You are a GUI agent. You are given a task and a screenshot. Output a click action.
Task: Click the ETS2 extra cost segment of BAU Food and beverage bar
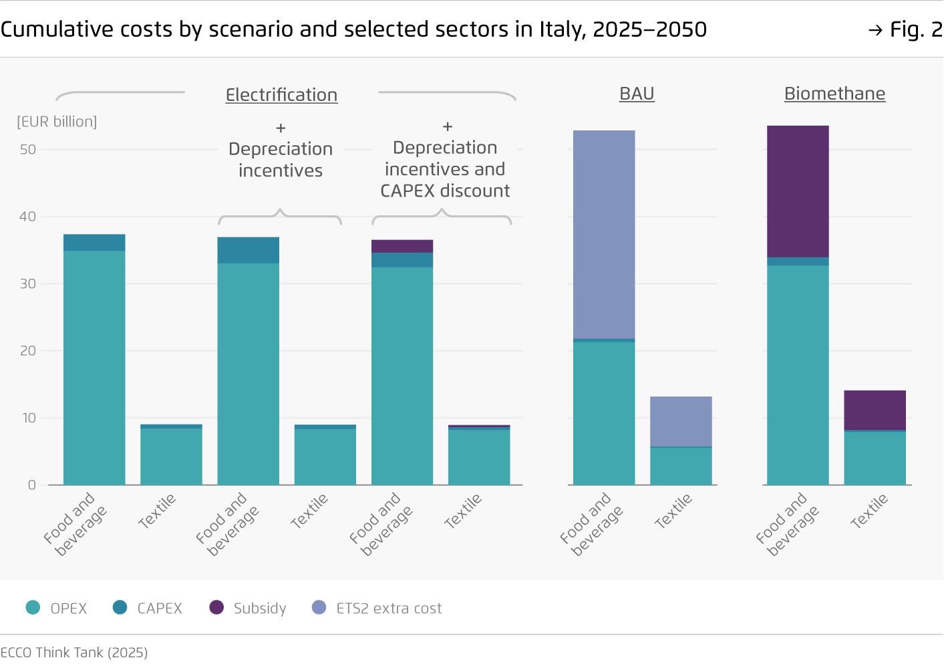[604, 234]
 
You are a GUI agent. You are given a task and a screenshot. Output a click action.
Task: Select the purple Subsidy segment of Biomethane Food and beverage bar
[798, 191]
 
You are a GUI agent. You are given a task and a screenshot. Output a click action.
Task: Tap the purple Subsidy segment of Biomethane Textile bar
[875, 410]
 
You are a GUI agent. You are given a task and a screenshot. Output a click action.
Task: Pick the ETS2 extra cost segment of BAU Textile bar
[681, 421]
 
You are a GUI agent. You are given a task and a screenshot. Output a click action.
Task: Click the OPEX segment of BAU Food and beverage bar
[604, 413]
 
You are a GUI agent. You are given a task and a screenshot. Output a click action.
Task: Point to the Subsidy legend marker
[216, 607]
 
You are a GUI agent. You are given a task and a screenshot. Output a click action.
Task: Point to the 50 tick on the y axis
[28, 150]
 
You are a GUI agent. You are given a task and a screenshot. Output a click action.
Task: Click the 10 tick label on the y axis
[28, 418]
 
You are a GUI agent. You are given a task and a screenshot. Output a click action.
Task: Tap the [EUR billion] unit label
[57, 122]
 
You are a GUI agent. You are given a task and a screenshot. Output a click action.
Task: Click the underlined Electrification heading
[281, 95]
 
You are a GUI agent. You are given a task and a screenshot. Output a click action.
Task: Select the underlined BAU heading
[637, 94]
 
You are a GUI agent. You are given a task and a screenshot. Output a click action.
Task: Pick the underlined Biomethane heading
[834, 94]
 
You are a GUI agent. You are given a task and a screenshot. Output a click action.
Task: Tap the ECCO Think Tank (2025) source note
[74, 653]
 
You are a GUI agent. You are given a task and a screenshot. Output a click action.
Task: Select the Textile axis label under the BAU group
[673, 512]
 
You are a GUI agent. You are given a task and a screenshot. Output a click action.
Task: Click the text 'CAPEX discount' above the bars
[445, 191]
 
